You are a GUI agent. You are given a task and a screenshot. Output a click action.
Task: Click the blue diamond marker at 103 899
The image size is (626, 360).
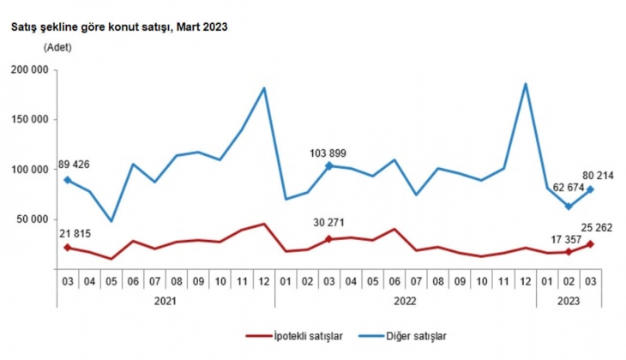(329, 165)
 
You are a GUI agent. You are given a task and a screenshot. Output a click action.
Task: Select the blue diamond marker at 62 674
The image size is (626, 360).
(569, 207)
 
